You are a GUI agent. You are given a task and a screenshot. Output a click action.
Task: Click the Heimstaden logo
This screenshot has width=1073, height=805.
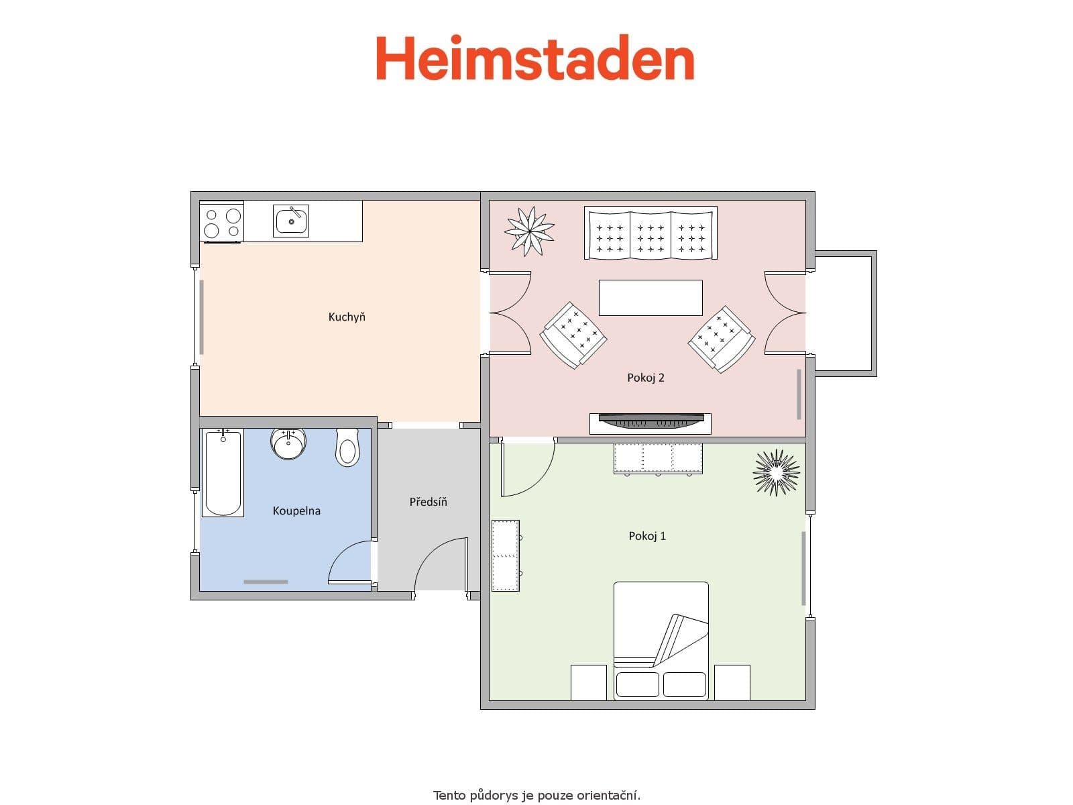534,58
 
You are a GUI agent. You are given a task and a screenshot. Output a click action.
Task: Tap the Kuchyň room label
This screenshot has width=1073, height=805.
347,317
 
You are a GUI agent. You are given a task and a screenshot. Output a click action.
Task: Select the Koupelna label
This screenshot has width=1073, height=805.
296,511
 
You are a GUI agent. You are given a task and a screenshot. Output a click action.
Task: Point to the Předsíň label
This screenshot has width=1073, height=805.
428,502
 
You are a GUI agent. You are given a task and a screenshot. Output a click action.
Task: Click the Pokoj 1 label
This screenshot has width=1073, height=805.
647,536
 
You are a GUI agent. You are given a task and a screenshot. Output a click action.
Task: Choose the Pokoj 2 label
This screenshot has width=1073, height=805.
646,378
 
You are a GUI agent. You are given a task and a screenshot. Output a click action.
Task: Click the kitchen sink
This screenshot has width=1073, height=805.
291,221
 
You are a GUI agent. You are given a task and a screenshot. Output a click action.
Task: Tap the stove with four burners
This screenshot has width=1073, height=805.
222,222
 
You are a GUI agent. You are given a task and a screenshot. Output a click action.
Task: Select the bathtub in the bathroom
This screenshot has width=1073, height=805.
223,474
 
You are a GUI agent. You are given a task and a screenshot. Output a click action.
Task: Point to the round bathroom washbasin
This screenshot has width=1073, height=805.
289,443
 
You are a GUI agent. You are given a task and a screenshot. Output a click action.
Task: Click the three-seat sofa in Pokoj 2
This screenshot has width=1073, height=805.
651,233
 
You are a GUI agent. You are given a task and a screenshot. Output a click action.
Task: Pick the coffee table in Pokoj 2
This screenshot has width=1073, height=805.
651,298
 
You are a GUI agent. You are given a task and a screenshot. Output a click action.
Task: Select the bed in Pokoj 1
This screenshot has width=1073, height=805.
661,641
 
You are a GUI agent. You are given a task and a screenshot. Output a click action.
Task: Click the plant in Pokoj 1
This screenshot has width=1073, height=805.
777,472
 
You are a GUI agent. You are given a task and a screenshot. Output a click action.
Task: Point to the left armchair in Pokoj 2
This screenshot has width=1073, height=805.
573,335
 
